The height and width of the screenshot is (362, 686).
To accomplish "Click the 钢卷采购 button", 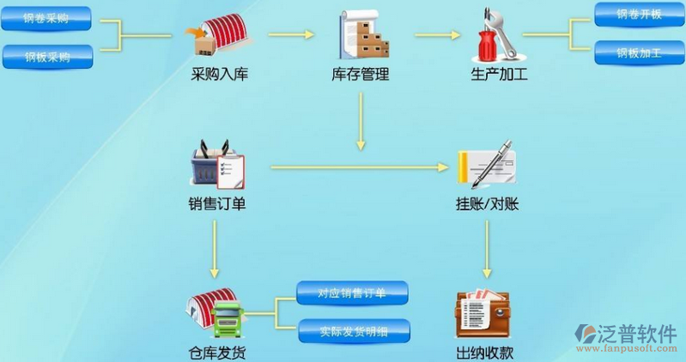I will (48, 18).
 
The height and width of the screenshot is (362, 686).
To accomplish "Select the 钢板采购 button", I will (48, 57).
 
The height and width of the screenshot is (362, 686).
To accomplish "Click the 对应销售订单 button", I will (352, 292).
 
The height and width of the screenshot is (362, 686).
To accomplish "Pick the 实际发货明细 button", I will (354, 330).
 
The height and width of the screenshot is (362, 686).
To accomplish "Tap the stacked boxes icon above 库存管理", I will (361, 35).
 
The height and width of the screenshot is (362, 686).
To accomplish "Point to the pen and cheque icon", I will (486, 164).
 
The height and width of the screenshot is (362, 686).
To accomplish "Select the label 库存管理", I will (361, 75).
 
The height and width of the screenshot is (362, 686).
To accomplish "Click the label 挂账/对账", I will (487, 205).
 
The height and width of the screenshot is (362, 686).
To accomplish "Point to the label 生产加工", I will (499, 75).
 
